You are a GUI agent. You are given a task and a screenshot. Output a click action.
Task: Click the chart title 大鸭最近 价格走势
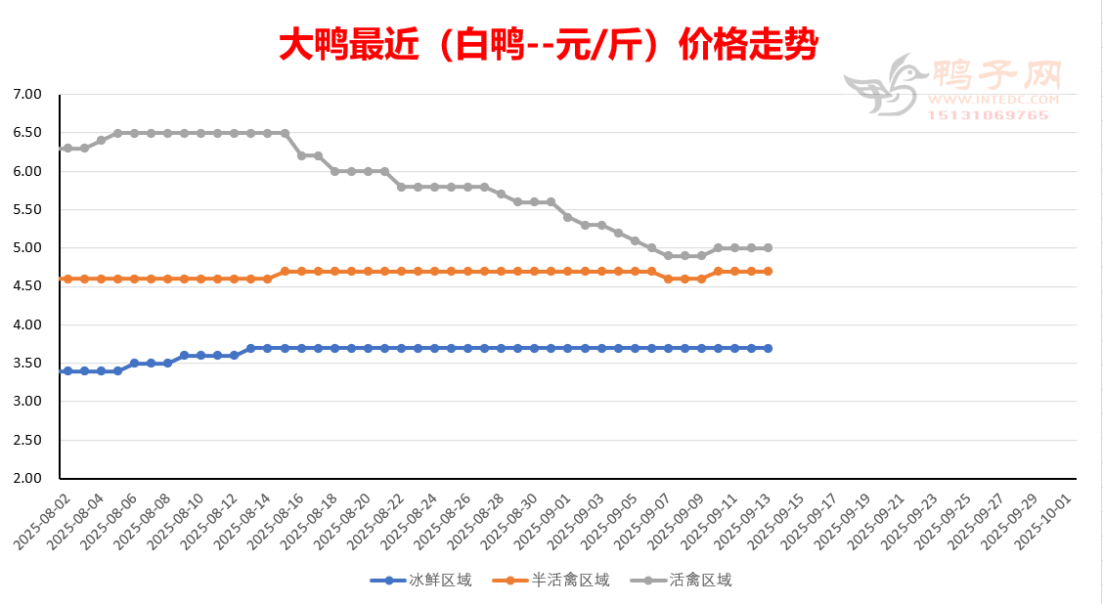pos(549,45)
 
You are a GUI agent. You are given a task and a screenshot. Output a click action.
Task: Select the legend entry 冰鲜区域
pos(420,581)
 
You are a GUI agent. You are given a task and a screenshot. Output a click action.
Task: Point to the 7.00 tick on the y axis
pos(28,95)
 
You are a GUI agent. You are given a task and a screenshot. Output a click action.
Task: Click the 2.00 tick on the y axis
pos(28,479)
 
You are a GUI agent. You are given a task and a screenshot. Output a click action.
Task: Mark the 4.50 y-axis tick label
pos(28,286)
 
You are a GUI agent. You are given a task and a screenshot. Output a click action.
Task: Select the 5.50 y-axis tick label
pos(28,210)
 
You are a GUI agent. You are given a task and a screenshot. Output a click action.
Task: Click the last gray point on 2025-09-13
pos(768,248)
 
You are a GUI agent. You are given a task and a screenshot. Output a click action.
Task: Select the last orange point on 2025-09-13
pos(768,271)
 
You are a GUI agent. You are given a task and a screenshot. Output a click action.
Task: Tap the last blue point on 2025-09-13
pos(768,348)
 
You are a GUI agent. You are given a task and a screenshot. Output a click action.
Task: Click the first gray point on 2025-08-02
pos(67,149)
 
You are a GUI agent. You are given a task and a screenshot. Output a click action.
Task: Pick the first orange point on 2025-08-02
pos(67,279)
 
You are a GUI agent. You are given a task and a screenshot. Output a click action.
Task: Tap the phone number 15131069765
pos(988,115)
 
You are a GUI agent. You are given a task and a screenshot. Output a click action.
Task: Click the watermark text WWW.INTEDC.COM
pos(993,100)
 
